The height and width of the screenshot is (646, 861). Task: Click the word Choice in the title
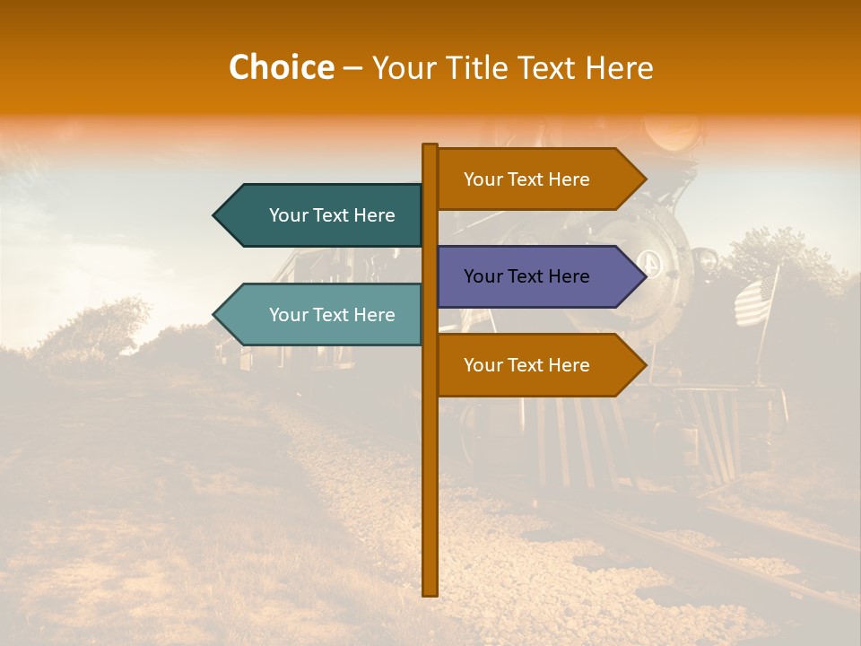pos(281,67)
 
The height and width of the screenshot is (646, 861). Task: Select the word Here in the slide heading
pos(619,67)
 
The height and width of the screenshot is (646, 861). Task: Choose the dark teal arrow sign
pos(323,215)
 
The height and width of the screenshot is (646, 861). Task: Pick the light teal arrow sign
pos(323,314)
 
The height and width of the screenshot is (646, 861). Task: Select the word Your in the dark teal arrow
pos(288,215)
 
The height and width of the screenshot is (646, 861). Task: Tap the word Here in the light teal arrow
pos(373,315)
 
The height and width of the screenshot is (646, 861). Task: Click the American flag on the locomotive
pos(755,300)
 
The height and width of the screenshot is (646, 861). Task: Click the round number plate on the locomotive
pos(649,263)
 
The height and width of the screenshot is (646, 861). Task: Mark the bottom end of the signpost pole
pos(430,592)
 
